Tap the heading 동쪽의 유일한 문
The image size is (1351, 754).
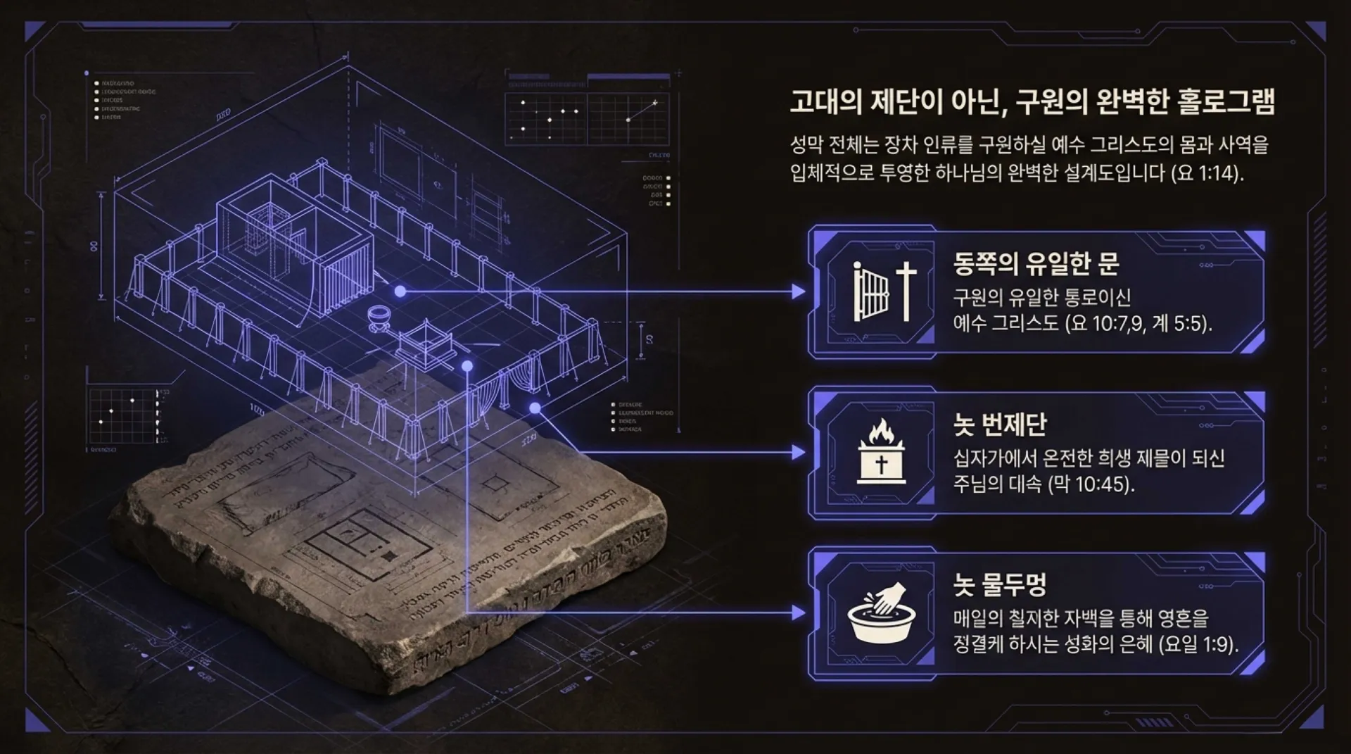click(x=1036, y=263)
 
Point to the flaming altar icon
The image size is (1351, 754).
click(x=881, y=452)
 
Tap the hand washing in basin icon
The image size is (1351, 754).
click(x=881, y=612)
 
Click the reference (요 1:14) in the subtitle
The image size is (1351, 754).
click(x=1207, y=173)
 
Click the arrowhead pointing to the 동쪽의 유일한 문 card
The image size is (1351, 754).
click(x=799, y=291)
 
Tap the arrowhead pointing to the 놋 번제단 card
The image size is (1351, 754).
click(x=799, y=452)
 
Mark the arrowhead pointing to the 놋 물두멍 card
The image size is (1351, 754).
click(x=799, y=612)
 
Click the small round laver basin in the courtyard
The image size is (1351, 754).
click(x=381, y=318)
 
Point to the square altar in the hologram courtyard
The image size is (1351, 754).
click(x=424, y=343)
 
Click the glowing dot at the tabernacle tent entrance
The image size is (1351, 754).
click(x=400, y=291)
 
